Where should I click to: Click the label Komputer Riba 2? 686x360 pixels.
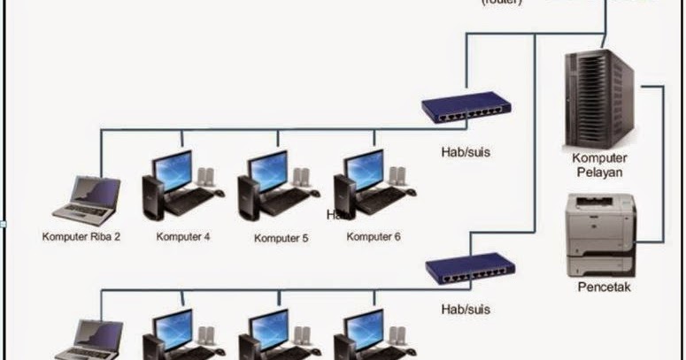pos(81,236)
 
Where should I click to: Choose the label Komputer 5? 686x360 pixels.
pos(278,237)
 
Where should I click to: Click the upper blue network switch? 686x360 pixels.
pos(466,109)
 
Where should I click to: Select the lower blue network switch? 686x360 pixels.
pos(469,266)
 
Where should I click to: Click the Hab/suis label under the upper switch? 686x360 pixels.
pos(466,152)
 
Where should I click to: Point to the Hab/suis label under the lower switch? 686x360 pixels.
pos(466,310)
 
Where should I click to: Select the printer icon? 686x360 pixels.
pos(600,234)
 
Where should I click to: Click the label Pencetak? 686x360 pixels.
pos(604,287)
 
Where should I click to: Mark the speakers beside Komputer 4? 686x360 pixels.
pos(206,180)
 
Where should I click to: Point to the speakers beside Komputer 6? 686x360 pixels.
pos(398,180)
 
